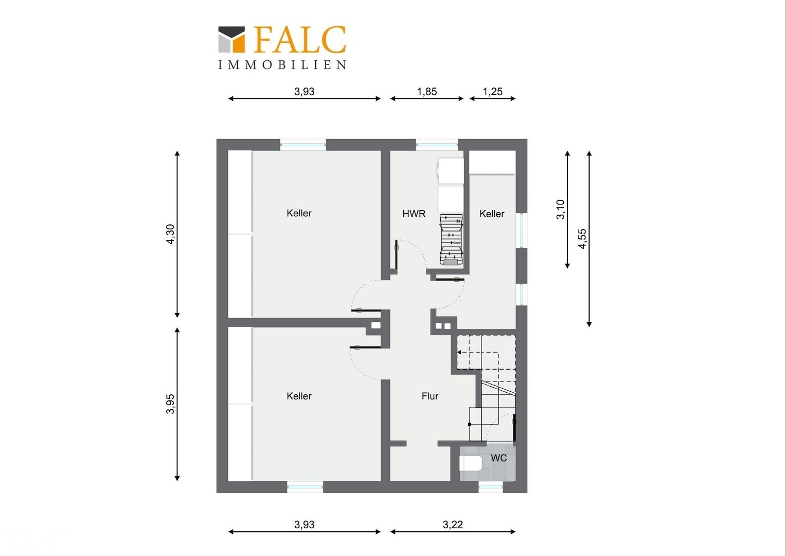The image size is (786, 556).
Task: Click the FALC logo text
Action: [x=299, y=40]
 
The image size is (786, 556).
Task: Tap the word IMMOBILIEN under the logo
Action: [x=282, y=65]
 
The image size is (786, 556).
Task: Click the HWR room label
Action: [x=414, y=214]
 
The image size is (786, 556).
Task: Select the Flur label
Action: [x=430, y=396]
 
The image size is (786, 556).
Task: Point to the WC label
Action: [x=498, y=458]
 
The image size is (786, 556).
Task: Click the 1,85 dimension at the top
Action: [x=427, y=92]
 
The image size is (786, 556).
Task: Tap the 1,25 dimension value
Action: [x=492, y=92]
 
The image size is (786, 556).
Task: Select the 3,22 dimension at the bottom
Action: [x=453, y=525]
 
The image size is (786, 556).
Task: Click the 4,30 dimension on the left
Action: [x=171, y=234]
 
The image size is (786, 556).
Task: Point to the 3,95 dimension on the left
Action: [x=171, y=404]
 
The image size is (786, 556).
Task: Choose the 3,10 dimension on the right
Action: [x=561, y=210]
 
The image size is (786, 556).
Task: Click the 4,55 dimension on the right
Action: [x=582, y=239]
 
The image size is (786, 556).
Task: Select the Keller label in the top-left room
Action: [x=299, y=213]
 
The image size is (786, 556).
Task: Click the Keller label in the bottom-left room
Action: [x=299, y=396]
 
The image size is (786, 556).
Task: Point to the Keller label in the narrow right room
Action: [x=492, y=214]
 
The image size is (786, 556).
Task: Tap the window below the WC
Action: [x=491, y=487]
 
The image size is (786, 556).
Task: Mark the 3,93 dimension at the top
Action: [x=305, y=92]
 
